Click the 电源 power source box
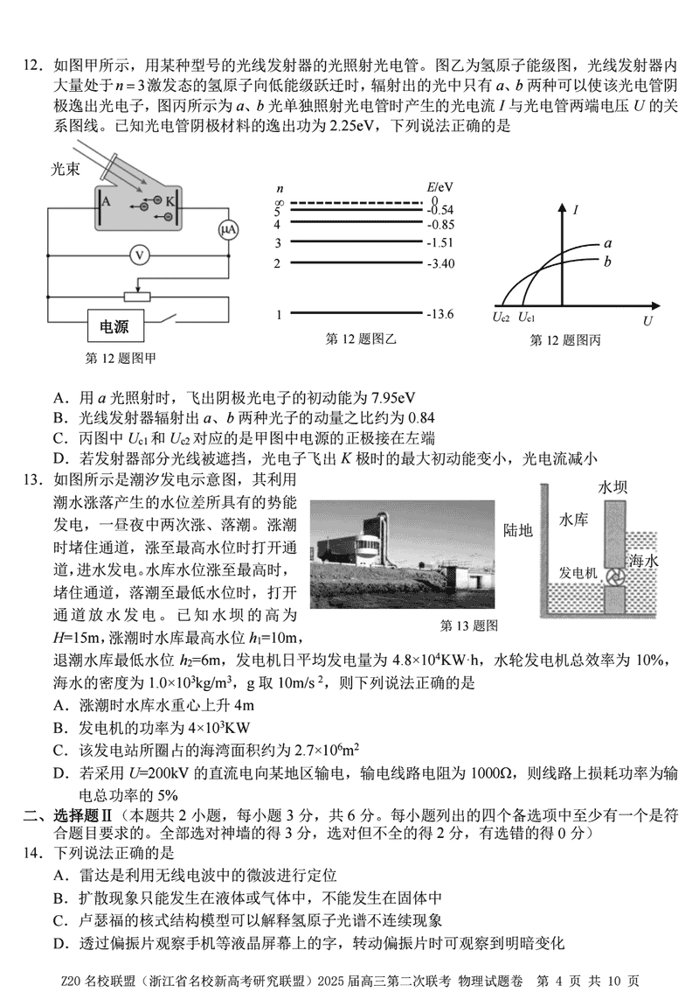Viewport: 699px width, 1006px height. coord(114,327)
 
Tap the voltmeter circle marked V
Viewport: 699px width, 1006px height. coord(137,255)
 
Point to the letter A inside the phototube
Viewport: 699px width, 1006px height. coord(107,200)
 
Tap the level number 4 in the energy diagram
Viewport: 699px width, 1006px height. coord(278,224)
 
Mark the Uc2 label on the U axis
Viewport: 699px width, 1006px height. coord(501,318)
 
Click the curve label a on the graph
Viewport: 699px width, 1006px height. coord(606,244)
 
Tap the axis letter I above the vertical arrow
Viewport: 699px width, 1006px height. coord(578,209)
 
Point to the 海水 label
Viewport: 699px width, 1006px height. coord(644,560)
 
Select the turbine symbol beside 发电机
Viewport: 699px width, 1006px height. coord(614,576)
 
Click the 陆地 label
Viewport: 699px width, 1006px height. coord(518,529)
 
